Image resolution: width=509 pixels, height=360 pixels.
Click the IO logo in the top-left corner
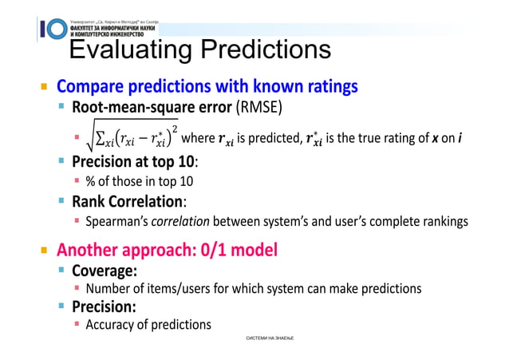tap(51, 28)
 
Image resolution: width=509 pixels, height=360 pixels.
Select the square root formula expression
tap(131, 136)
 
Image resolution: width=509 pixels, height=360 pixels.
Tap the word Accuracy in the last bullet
tap(112, 324)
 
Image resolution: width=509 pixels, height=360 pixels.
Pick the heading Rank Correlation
tap(129, 201)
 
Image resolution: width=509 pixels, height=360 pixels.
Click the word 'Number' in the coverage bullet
tap(109, 288)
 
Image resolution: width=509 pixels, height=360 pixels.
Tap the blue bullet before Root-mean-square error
tap(61, 107)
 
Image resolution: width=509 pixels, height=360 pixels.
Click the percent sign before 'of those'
tap(91, 180)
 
